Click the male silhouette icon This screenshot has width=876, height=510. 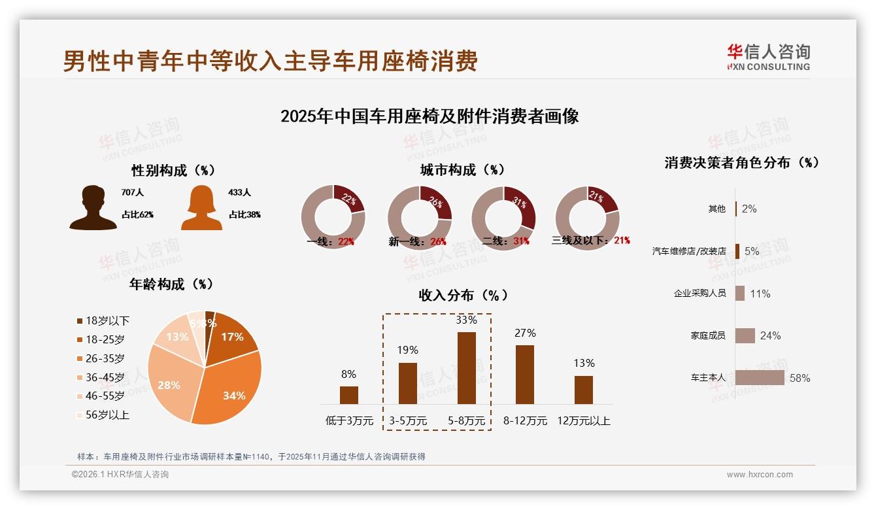pos(93,208)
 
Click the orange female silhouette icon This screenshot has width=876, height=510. pos(201,208)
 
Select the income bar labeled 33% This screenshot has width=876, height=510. pos(466,367)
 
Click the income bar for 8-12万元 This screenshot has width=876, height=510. pos(525,374)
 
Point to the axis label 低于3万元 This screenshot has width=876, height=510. pos(349,420)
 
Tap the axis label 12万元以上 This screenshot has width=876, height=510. pos(583,420)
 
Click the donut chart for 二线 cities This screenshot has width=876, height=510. pos(503,218)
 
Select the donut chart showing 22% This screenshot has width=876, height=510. pos(333,218)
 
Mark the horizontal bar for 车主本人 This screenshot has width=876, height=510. pos(759,378)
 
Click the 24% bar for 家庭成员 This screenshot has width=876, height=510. pos(745,335)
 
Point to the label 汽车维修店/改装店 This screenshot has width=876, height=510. pos(689,251)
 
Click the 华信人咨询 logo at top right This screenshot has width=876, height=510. pos(768,57)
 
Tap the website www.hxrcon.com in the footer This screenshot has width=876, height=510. pos(760,475)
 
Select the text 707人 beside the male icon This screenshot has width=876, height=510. pos(132,193)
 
